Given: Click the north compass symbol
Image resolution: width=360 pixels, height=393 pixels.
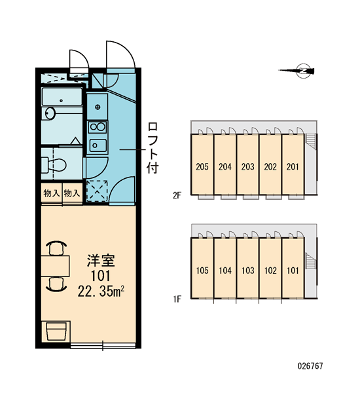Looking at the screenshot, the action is pos(298,71).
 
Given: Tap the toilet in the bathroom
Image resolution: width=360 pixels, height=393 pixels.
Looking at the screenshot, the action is pos(54,164).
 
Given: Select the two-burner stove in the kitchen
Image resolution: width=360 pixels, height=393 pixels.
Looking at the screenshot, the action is pos(98,127).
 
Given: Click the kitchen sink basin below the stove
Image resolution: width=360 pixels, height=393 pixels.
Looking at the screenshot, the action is pos(98,145).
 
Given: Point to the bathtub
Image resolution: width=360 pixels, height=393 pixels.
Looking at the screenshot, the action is pos(62,96).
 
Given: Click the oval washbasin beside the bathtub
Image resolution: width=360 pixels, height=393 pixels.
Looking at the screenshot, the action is pos(50,113).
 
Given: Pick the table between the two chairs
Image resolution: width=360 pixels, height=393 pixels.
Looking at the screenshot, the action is pos(55,266).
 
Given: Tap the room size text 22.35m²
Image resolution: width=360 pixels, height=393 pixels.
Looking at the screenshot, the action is pos(101,291).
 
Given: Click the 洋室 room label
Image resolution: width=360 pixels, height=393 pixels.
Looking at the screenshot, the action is pos(101,261).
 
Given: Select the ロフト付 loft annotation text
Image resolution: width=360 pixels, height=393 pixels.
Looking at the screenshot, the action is pos(153,148).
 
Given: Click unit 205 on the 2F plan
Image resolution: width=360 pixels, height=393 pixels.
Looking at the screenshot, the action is pos(202,166).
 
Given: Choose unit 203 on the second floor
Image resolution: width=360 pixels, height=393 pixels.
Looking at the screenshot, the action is pos(248,166).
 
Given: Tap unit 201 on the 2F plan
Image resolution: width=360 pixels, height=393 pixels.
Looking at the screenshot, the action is pos(293,166).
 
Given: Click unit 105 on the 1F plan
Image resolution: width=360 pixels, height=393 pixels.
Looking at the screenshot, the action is pos(202,271).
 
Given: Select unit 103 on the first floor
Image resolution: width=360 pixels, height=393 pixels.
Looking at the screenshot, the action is pos(248,271).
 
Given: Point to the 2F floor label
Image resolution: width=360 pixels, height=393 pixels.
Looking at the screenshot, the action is pos(177,195).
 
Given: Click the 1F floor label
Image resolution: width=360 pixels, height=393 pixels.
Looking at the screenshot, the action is pos(177,299).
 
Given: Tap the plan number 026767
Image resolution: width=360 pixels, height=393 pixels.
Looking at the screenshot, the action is pos(310,366).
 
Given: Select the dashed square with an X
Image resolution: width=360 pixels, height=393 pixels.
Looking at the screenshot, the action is pos(97,191).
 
